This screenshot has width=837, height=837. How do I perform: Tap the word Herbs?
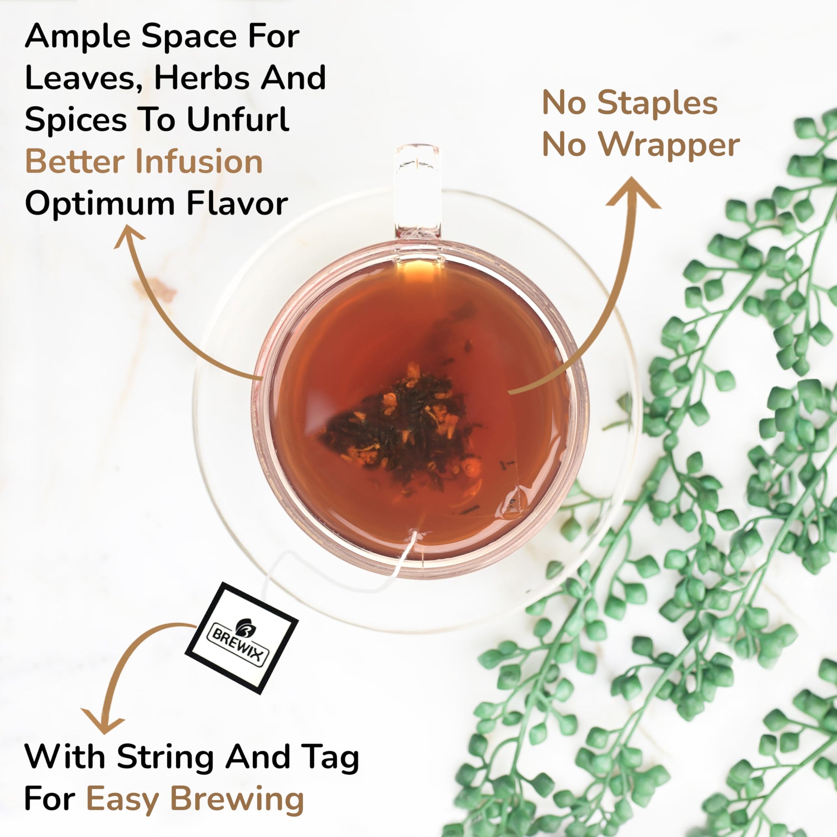[x=202, y=77]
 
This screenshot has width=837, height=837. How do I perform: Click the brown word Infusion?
[x=199, y=161]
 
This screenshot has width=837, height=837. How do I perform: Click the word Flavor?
[x=237, y=203]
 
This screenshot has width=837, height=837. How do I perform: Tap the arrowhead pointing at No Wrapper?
[x=634, y=194]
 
